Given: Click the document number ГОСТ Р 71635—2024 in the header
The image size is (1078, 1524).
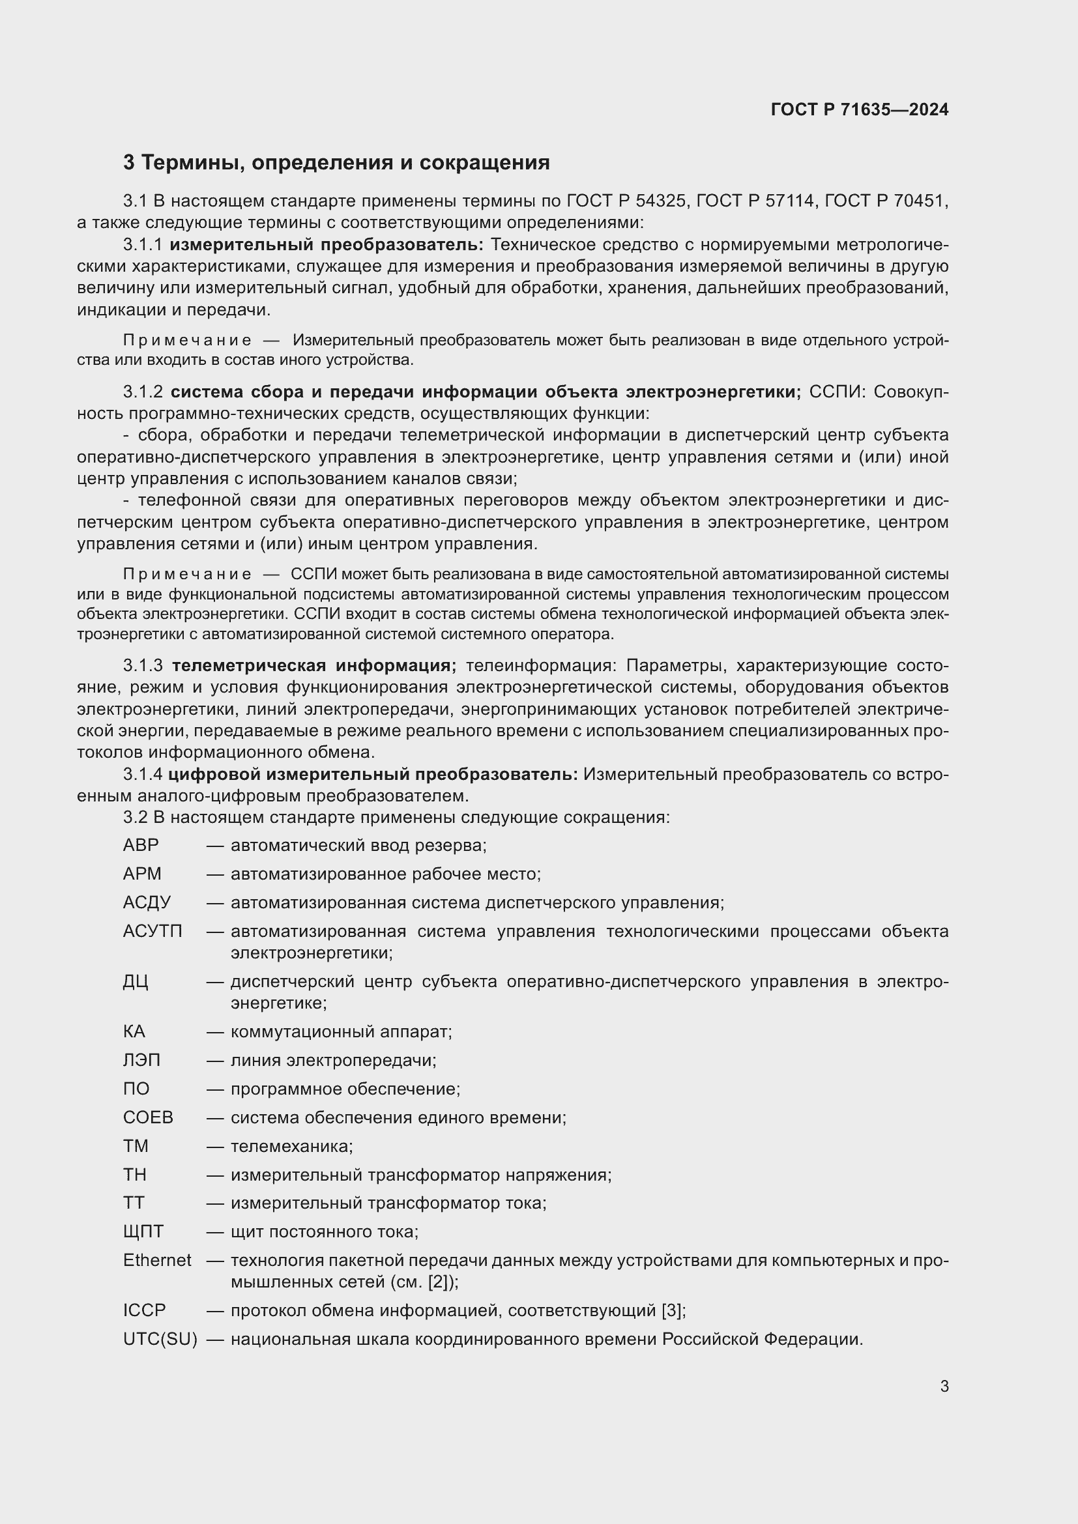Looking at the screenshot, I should [x=859, y=109].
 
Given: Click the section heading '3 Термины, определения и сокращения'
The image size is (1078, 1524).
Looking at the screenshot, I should [x=336, y=163].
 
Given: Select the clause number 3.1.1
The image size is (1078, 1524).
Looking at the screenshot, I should [x=142, y=245].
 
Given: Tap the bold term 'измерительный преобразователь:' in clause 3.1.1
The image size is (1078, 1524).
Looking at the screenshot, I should [x=327, y=245].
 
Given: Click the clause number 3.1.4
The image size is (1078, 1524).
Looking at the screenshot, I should [x=142, y=774].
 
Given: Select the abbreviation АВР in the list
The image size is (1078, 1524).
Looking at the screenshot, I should [x=141, y=845].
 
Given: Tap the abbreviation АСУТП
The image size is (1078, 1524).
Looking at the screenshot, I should [x=152, y=931].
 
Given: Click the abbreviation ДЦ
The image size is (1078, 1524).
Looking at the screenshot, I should [x=136, y=981].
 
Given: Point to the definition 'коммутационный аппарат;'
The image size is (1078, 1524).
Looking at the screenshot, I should [x=341, y=1031].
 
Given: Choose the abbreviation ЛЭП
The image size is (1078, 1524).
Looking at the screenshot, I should [x=141, y=1060].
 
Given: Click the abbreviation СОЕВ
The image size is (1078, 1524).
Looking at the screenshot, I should [x=147, y=1117].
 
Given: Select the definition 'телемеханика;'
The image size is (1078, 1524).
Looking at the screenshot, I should [x=291, y=1146].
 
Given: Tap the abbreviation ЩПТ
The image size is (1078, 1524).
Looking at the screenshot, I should [x=143, y=1232].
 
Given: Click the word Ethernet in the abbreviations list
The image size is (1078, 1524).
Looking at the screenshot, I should [x=156, y=1261].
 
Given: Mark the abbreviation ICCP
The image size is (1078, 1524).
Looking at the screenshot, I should [x=144, y=1310].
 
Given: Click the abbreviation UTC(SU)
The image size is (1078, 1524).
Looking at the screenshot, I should [x=160, y=1340].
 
